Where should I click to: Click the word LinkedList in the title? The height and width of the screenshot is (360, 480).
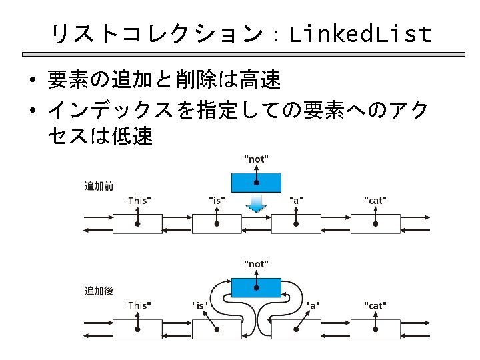[360, 33]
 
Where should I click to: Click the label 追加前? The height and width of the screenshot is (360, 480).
[98, 186]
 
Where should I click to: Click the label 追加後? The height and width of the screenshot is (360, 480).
[98, 291]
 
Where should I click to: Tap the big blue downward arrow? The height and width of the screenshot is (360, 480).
[256, 203]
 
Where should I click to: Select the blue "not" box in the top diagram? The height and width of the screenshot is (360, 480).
[256, 182]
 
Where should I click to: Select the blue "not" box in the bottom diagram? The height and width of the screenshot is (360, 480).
[256, 287]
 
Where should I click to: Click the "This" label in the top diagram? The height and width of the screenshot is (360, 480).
[138, 200]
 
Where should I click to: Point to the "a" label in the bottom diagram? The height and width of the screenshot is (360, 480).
[312, 305]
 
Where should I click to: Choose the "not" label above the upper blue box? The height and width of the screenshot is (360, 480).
[256, 159]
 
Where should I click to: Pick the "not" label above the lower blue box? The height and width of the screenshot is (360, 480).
[256, 264]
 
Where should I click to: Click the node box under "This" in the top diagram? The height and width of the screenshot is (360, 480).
[137, 224]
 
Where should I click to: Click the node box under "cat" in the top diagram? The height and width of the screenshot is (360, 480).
[375, 224]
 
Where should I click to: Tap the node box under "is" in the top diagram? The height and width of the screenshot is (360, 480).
[217, 224]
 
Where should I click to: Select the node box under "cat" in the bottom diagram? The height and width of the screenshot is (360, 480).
[375, 329]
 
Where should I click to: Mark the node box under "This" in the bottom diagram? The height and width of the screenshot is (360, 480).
[137, 329]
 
